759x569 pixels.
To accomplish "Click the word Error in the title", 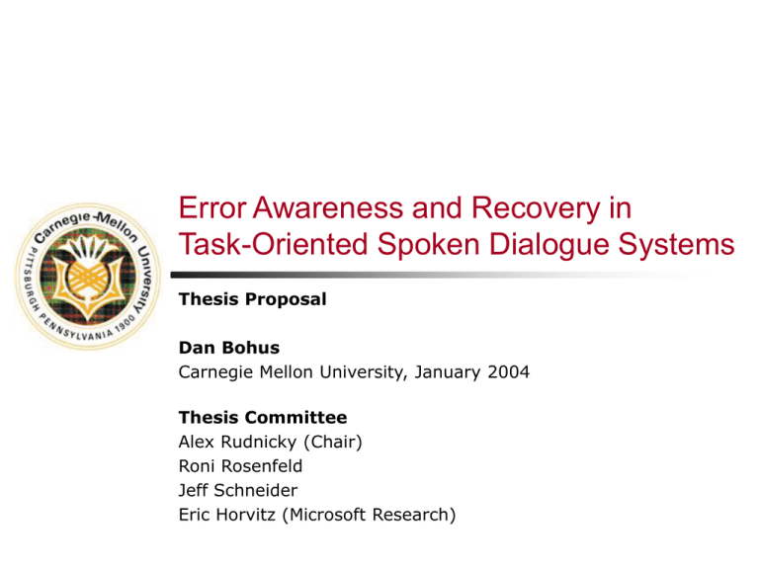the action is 213,208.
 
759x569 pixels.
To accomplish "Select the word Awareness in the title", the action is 328,208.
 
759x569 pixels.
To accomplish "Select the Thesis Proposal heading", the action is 252,299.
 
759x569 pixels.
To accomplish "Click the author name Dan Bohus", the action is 229,348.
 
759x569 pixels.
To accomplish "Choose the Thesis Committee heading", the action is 263,417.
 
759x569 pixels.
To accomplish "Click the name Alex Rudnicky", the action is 237,443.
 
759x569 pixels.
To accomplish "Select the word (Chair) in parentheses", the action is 333,443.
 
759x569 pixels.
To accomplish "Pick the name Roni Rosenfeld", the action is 240,466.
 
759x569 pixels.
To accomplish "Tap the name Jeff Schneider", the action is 237,490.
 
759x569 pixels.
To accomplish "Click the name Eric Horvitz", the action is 226,515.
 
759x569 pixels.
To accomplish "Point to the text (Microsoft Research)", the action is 369,516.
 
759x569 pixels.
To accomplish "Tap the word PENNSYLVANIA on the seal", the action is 76,330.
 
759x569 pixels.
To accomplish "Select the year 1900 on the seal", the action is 126,323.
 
